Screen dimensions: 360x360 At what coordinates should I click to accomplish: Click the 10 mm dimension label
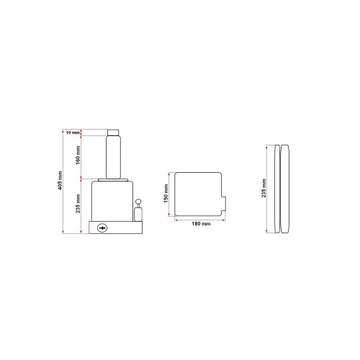click(x=72, y=132)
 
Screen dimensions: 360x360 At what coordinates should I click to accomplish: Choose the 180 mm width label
click(x=201, y=224)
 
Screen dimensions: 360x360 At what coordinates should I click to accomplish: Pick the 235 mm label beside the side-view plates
click(x=264, y=189)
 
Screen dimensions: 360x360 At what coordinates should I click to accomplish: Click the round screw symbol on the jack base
click(x=102, y=228)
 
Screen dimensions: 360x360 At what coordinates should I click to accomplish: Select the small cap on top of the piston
click(x=113, y=132)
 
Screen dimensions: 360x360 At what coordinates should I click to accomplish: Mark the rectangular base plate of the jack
click(x=116, y=228)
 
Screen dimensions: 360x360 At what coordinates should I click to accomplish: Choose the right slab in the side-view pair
click(x=286, y=189)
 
